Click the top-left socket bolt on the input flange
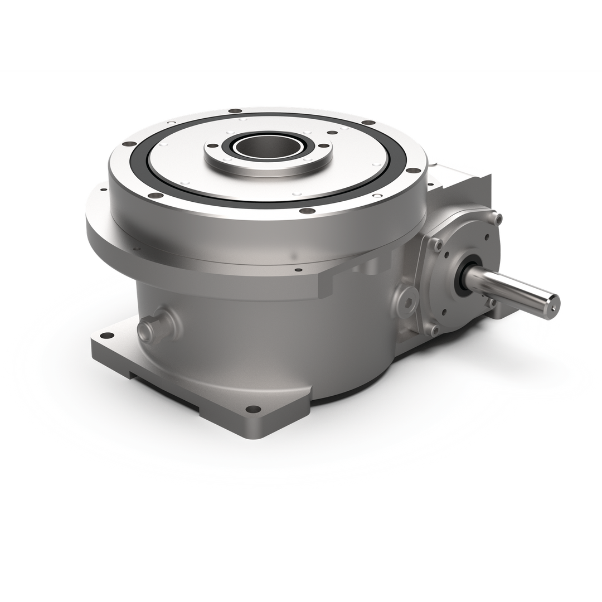tap(439, 244)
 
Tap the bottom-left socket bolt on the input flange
tap(434, 330)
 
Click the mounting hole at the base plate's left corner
tap(105, 336)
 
